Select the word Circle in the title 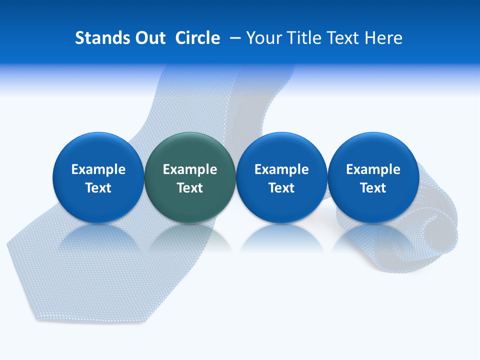pyautogui.click(x=197, y=38)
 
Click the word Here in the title pyautogui.click(x=383, y=38)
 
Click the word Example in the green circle pyautogui.click(x=190, y=169)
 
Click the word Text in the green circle pyautogui.click(x=190, y=188)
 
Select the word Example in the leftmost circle pyautogui.click(x=98, y=169)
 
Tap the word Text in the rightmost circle pyautogui.click(x=373, y=188)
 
